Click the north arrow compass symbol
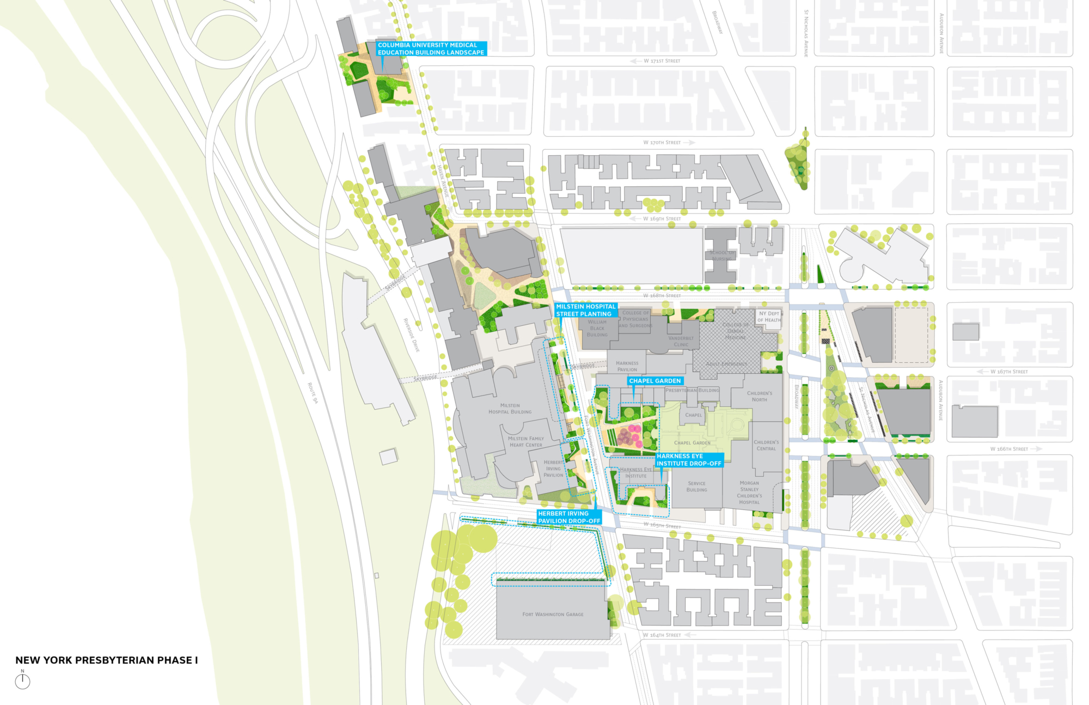22,681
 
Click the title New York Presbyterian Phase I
106,660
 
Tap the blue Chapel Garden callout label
654,381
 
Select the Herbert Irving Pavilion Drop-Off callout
569,517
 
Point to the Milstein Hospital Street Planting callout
585,310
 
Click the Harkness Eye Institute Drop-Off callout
689,460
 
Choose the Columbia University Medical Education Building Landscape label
431,48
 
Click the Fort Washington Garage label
553,614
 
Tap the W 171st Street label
662,61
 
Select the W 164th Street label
662,635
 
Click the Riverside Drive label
411,335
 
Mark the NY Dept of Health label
768,317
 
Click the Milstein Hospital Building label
510,409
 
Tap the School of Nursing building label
721,256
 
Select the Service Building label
696,486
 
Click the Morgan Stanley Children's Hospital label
749,493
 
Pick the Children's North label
759,396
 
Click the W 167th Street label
1008,372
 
